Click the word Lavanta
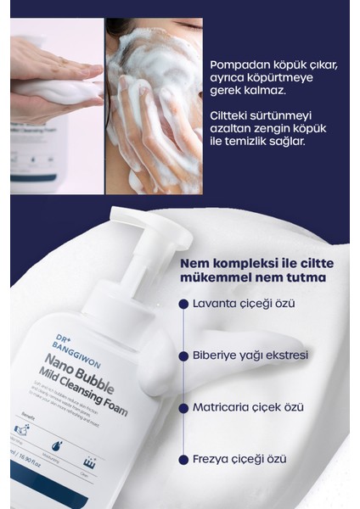click(x=217, y=302)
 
